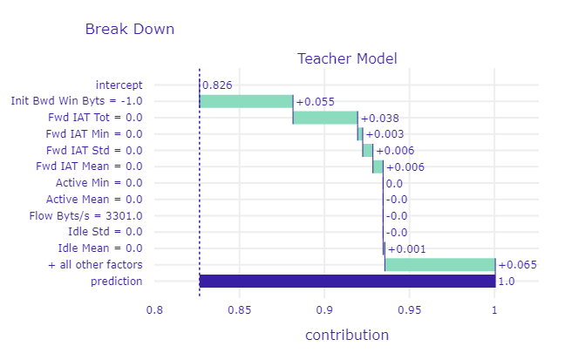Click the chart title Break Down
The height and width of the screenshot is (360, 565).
coord(129,29)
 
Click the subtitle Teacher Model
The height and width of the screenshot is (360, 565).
coord(347,59)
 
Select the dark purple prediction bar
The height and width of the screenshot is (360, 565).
coord(347,281)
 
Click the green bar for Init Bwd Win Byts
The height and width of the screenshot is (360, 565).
coord(246,101)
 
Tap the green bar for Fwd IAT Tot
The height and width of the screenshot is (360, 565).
coord(325,118)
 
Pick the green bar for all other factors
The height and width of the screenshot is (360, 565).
coord(439,264)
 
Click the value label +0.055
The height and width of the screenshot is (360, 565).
coord(316,102)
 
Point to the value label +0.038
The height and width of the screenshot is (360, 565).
coord(379,118)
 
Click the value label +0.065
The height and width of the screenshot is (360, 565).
coord(517,265)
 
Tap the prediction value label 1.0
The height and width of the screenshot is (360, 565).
coord(506,282)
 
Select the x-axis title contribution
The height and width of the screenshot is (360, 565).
coord(346,335)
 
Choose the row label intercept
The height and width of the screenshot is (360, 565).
coord(119,85)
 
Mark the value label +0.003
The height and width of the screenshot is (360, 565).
coord(383,134)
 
